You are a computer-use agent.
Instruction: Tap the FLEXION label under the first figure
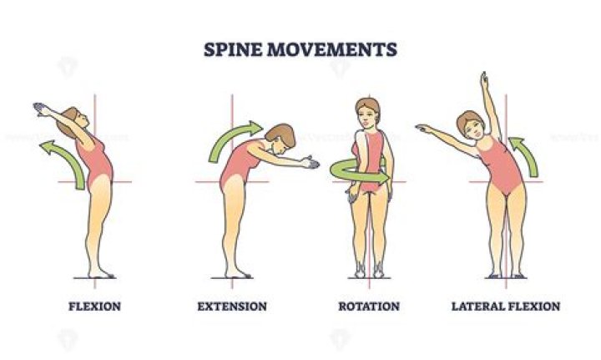[x=94, y=307]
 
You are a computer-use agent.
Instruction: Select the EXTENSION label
[x=232, y=307]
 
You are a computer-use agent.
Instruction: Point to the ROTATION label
[x=368, y=307]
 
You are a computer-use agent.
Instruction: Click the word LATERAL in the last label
[x=477, y=307]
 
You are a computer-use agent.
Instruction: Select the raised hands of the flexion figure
[x=38, y=107]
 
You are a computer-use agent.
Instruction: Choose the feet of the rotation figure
[x=368, y=269]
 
